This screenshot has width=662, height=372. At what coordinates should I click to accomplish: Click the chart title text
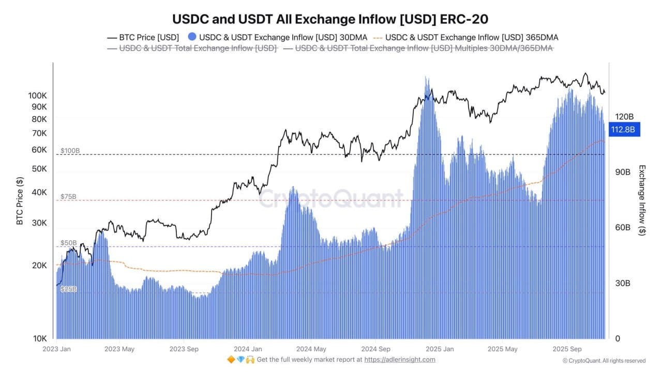tap(330, 19)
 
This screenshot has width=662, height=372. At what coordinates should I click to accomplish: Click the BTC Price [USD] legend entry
tap(143, 37)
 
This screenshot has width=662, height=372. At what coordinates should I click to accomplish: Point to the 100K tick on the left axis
tap(38, 96)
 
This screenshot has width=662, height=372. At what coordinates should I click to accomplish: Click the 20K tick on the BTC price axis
tap(40, 265)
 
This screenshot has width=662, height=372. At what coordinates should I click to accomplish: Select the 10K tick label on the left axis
tap(40, 338)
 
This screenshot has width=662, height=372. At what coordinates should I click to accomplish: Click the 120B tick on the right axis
tap(624, 117)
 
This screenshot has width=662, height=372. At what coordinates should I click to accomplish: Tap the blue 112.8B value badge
tap(625, 129)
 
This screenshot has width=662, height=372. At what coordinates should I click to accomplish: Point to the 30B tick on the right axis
tap(622, 283)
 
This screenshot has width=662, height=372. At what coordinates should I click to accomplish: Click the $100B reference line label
tap(70, 151)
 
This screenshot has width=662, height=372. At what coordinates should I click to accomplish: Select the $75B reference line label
tap(68, 196)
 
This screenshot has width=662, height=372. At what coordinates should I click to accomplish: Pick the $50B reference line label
tap(68, 242)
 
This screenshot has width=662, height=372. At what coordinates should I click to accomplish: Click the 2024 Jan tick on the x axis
tap(247, 349)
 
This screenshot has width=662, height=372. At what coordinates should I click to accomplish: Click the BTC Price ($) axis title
tap(20, 201)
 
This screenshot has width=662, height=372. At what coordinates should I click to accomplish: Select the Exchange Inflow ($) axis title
tap(642, 200)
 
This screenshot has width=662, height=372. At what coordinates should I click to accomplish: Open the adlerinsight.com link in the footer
tap(400, 360)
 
